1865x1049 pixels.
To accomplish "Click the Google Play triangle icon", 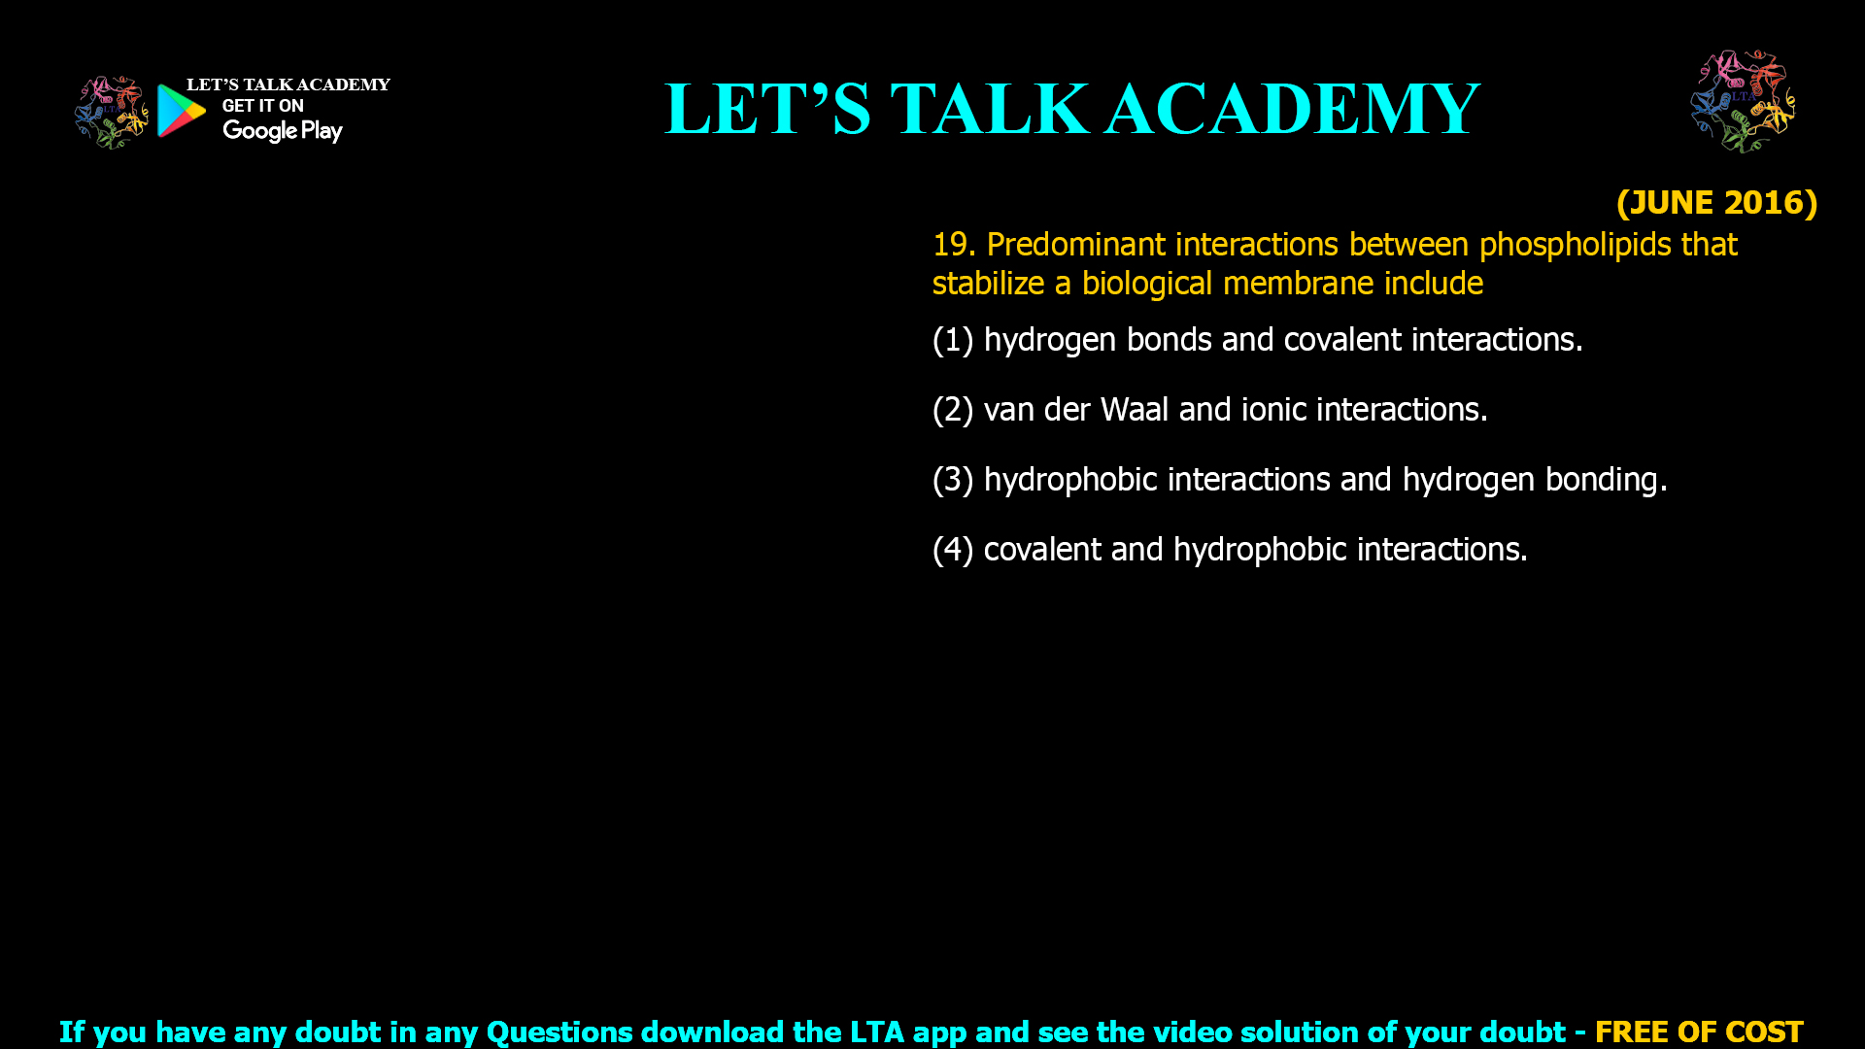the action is (x=182, y=111).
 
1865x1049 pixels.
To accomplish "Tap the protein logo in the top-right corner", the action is (x=1744, y=101).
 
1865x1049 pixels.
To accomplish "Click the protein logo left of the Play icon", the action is (x=112, y=113).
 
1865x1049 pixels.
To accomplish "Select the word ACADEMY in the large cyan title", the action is (x=1292, y=109).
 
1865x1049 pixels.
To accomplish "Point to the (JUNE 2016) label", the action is (x=1716, y=202).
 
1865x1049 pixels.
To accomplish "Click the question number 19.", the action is (x=954, y=244).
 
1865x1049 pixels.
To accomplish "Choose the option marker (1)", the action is (x=953, y=340).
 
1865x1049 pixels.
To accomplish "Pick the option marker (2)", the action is (x=953, y=410).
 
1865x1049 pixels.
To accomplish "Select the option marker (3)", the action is (x=953, y=480).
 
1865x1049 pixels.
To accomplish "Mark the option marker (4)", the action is (x=953, y=550).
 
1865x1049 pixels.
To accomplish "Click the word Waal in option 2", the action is (x=1134, y=410).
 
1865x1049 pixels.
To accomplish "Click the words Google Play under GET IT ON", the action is (x=282, y=131).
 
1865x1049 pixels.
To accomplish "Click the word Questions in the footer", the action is (x=559, y=1032).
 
